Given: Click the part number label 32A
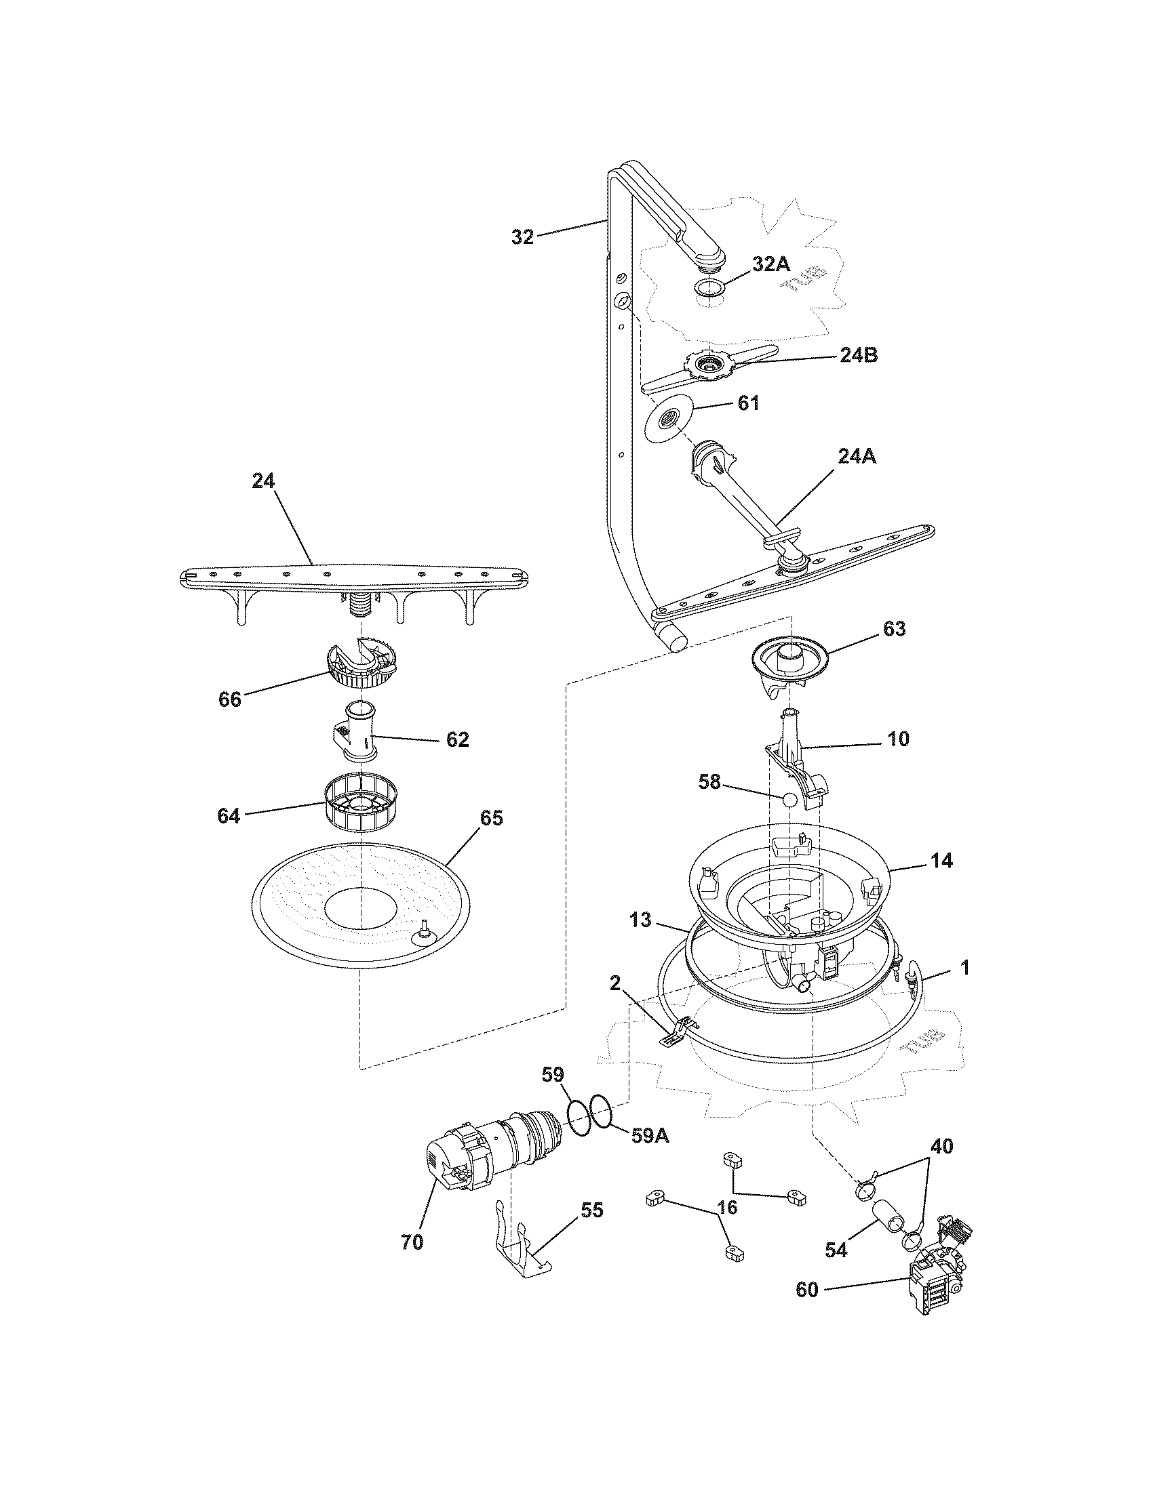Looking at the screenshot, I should [x=771, y=265].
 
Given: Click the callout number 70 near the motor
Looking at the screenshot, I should [x=412, y=1242].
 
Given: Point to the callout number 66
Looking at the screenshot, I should [x=230, y=700].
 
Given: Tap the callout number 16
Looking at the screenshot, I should [x=728, y=1208].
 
